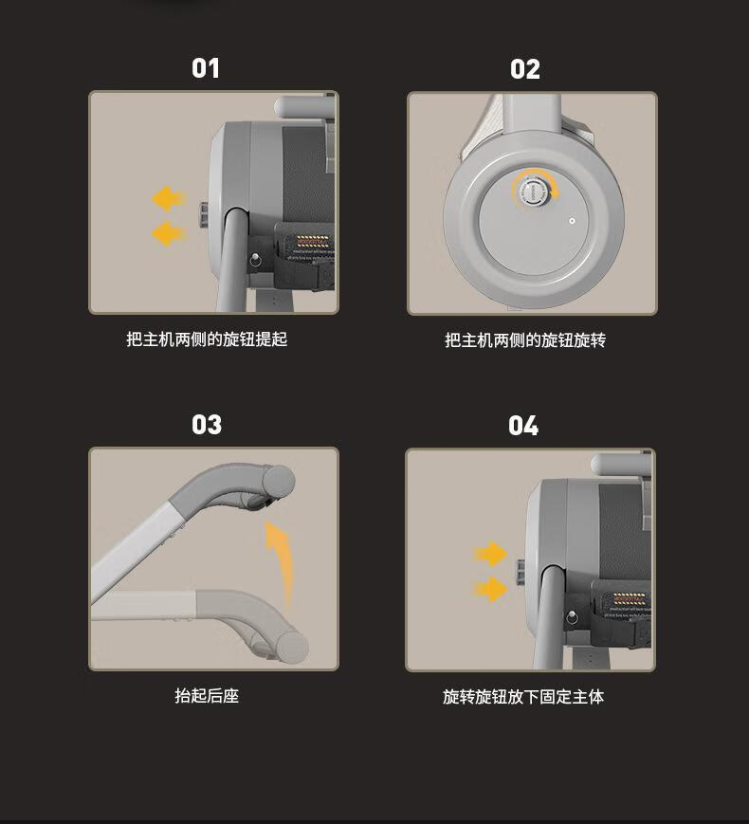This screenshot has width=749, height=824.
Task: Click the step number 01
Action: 206,68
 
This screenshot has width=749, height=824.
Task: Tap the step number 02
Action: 524,69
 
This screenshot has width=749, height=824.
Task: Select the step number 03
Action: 207,425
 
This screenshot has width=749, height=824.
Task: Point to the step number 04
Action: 523,426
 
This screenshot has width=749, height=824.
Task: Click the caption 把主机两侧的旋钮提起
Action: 207,339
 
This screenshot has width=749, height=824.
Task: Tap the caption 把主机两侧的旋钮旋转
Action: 525,340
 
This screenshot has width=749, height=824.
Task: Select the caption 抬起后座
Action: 207,696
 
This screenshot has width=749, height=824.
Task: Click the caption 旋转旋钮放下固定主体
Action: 523,697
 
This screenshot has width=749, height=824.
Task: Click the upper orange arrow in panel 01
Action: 169,198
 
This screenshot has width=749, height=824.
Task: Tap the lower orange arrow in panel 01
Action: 169,233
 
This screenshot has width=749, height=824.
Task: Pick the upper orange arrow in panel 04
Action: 490,554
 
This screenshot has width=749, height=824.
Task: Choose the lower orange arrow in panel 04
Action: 490,589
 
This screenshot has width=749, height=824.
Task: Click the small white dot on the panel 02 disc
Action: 573,221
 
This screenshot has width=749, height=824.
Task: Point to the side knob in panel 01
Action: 204,215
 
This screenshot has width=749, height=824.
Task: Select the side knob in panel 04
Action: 521,571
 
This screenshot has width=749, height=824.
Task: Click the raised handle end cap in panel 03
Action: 279,482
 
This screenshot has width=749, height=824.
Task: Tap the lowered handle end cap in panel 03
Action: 292,647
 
